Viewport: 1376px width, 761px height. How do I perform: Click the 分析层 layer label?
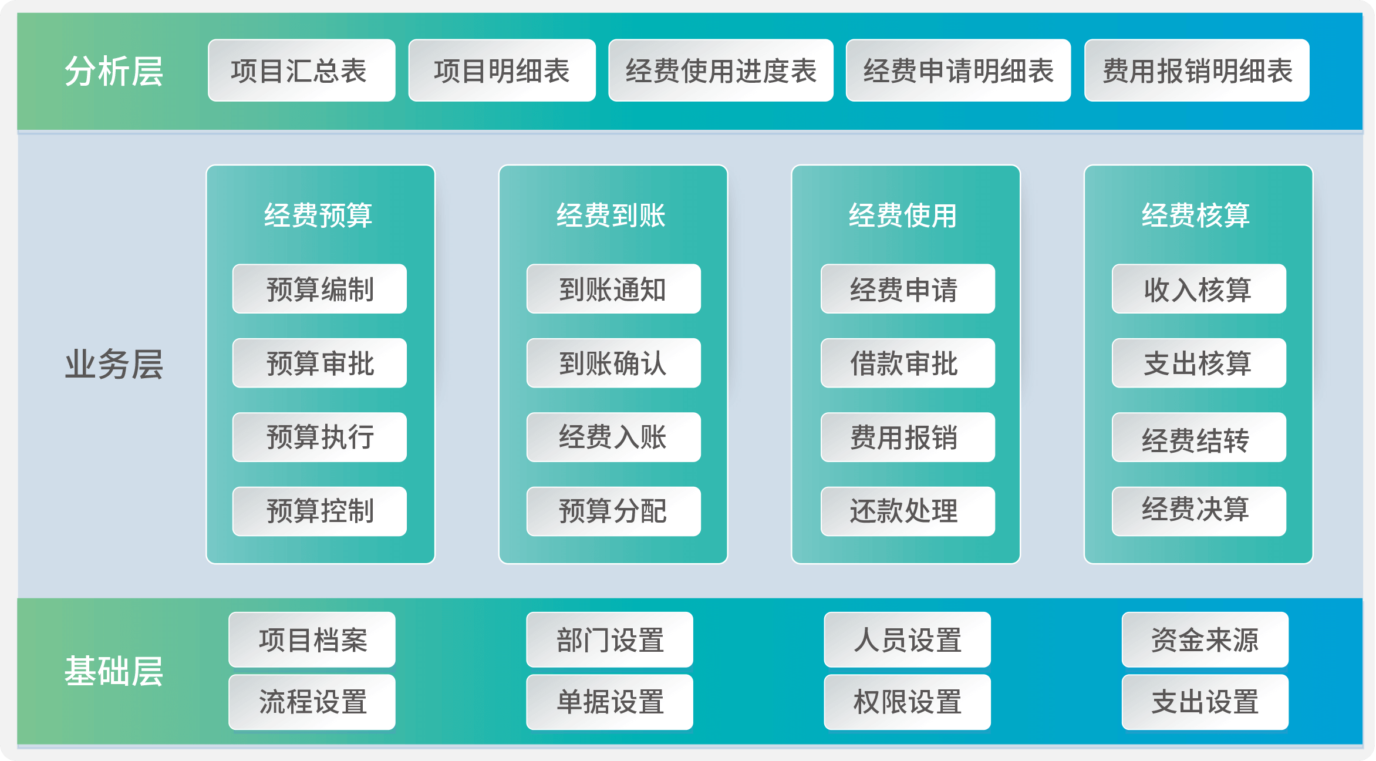pyautogui.click(x=114, y=72)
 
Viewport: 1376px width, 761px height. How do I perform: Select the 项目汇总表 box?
pyautogui.click(x=302, y=70)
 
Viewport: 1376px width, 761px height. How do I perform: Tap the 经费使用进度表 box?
pyautogui.click(x=721, y=70)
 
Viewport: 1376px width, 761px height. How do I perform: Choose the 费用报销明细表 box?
pyautogui.click(x=1197, y=70)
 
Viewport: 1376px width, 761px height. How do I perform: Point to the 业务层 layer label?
pyautogui.click(x=114, y=364)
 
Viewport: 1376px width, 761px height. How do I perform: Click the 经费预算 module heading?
pyautogui.click(x=318, y=215)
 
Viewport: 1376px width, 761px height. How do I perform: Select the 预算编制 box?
pyautogui.click(x=319, y=289)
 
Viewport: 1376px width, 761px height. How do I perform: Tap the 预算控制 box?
pyautogui.click(x=319, y=511)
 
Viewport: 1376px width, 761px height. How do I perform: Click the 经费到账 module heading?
pyautogui.click(x=611, y=215)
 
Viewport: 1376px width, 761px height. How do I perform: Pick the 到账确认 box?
pyautogui.click(x=613, y=363)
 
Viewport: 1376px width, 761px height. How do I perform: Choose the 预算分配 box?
pyautogui.click(x=613, y=511)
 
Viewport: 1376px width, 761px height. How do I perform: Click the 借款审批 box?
pyautogui.click(x=908, y=363)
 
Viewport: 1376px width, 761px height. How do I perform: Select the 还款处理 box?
pyautogui.click(x=908, y=511)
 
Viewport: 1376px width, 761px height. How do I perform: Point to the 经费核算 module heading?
pyautogui.click(x=1196, y=215)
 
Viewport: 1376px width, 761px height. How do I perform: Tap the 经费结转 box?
pyautogui.click(x=1199, y=437)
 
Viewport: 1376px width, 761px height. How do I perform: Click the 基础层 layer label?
pyautogui.click(x=114, y=671)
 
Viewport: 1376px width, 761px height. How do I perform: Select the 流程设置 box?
pyautogui.click(x=312, y=702)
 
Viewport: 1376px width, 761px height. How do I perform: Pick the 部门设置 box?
pyautogui.click(x=609, y=639)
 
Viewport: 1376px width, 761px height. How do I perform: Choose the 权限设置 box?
pyautogui.click(x=907, y=702)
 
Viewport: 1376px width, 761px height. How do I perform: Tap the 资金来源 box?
pyautogui.click(x=1205, y=639)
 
